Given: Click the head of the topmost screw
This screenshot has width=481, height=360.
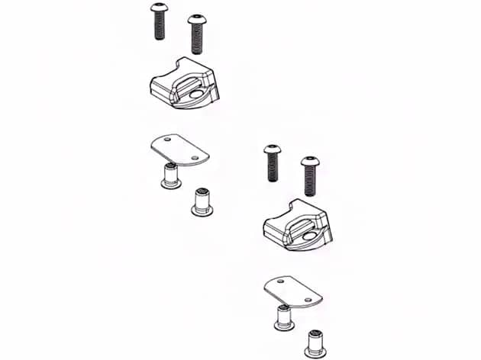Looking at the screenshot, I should click(160, 8).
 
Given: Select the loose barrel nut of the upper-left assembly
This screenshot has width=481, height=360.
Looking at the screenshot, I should click(202, 202).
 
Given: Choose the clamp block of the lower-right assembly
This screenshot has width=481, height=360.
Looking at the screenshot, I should click(297, 227).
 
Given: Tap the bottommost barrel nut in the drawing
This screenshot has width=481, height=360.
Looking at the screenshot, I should click(315, 344).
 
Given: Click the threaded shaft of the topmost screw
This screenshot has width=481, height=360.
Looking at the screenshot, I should click(160, 27).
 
